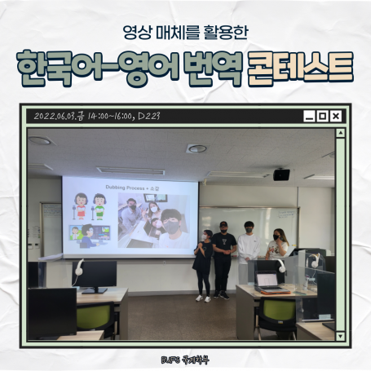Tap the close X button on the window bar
pos(335,117)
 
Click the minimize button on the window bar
pos(309,117)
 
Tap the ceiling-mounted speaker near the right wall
pos(281,174)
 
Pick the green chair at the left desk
pos(95,318)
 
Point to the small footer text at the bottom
pos(185,356)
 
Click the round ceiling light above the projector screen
pos(196,148)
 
